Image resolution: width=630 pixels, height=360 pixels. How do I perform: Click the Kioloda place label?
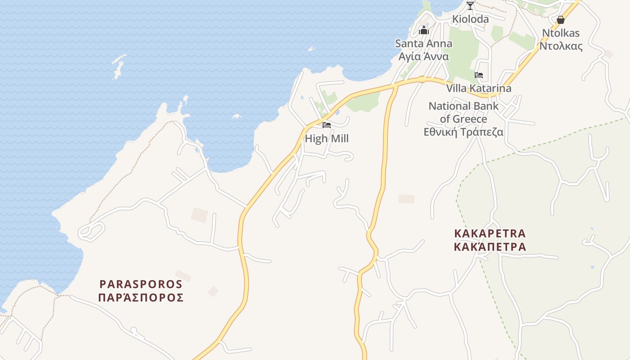[470, 19]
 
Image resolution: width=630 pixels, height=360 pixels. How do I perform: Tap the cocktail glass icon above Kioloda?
[470, 5]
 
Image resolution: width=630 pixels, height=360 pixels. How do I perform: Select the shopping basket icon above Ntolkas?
[561, 20]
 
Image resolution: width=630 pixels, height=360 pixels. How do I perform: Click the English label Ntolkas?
[561, 33]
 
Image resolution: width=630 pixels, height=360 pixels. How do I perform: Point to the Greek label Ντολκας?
[561, 46]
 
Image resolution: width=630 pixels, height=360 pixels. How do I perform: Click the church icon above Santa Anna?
[423, 31]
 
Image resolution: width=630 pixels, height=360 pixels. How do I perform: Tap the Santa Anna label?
[423, 44]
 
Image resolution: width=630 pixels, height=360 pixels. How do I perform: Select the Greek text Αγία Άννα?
[423, 57]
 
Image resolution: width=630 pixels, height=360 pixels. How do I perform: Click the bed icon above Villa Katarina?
[479, 75]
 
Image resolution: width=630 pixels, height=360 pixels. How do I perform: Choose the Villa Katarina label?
[479, 88]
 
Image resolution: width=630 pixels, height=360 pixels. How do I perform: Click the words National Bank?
[463, 106]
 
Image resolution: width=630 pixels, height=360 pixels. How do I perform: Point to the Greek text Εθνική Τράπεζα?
[463, 132]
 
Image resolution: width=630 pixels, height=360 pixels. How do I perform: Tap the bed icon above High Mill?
[327, 125]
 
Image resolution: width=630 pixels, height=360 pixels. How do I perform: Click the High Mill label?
[327, 139]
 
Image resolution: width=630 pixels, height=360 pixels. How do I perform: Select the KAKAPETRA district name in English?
[490, 234]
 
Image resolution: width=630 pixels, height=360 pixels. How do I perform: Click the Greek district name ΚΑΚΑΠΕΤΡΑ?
[490, 247]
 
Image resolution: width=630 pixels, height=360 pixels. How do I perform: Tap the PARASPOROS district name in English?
[141, 284]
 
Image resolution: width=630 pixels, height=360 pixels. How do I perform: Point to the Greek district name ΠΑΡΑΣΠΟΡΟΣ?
[141, 297]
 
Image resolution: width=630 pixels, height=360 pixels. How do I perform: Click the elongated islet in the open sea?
[118, 67]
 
